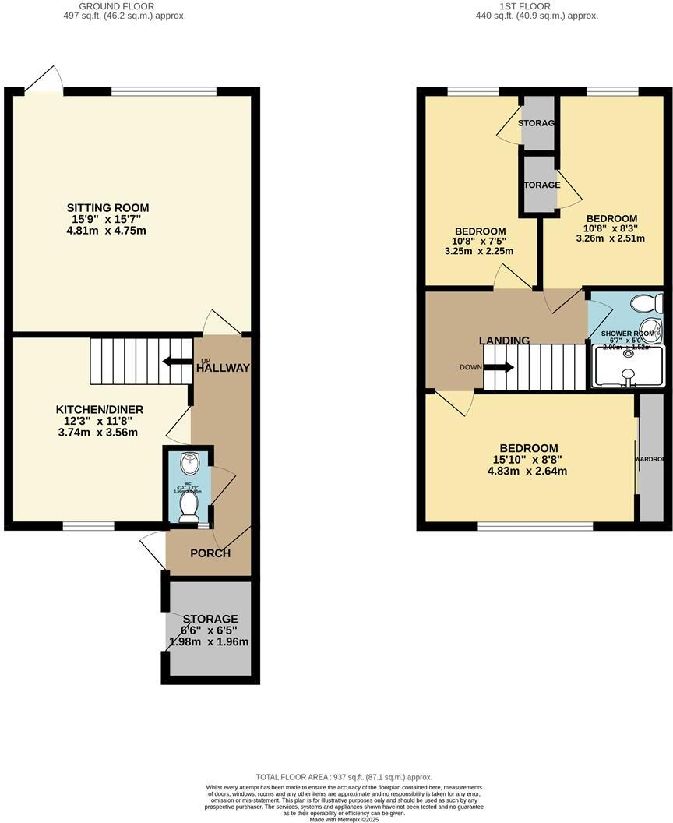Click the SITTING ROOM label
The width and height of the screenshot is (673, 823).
pos(107,207)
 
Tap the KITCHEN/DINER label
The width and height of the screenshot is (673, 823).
pos(99,409)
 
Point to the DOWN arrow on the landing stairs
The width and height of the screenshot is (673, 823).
pos(499,367)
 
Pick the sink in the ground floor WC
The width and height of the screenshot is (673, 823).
pos(188,464)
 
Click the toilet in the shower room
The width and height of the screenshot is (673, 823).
pos(646,304)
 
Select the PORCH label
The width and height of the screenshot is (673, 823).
pos(210,553)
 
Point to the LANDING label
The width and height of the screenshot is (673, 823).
pos(504,341)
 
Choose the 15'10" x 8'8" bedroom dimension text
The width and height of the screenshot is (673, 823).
pos(529,460)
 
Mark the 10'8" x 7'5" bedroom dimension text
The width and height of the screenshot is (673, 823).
pos(480,242)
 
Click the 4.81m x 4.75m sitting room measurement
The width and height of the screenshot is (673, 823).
pos(107,231)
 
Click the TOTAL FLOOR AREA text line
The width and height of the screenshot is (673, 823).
pos(344,777)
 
